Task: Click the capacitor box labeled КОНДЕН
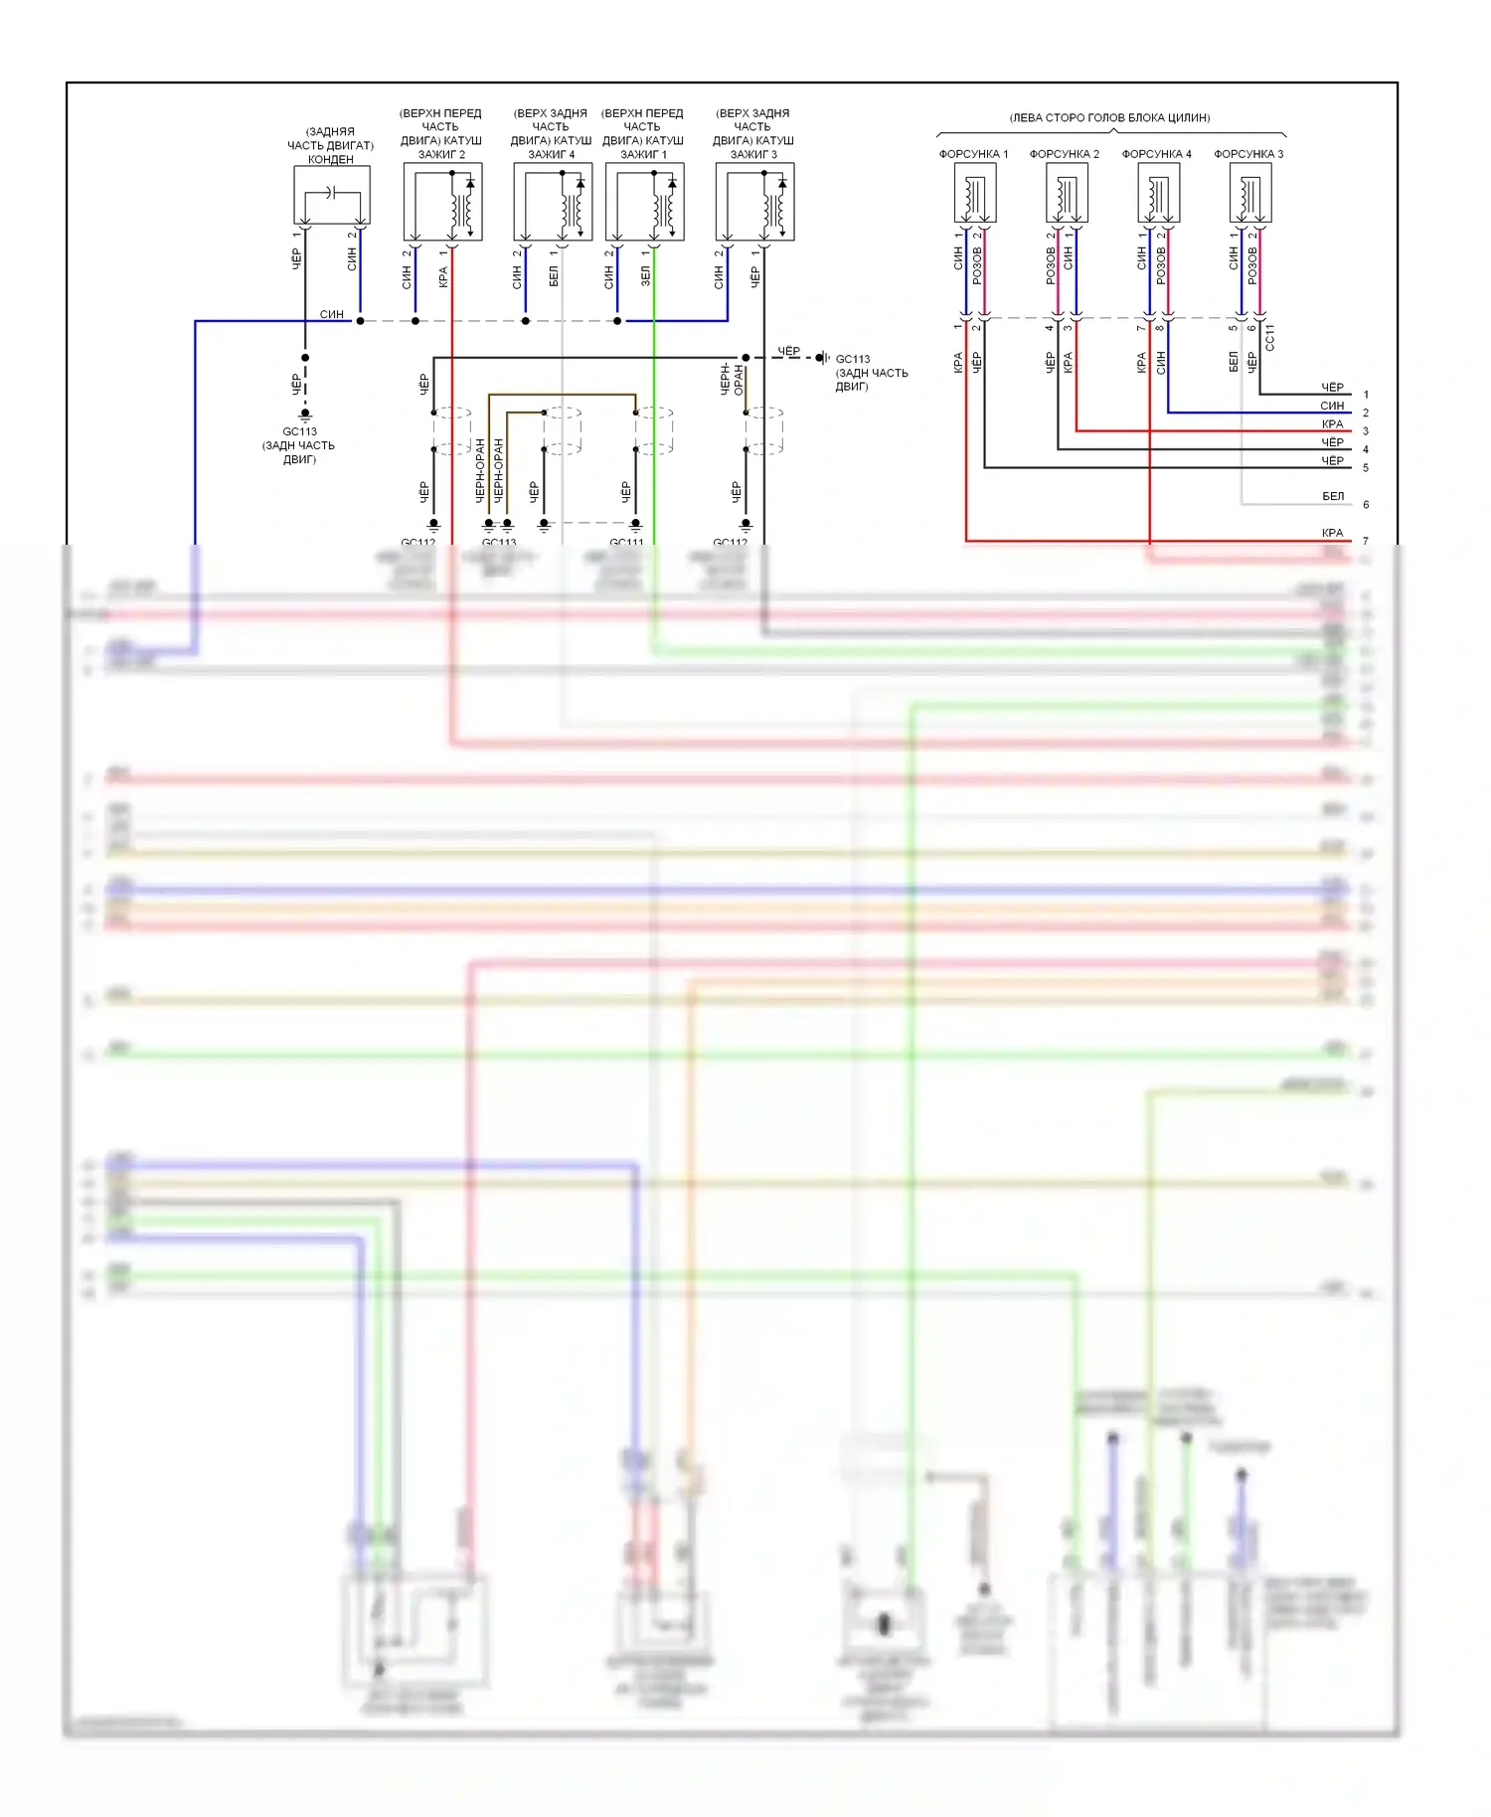pyautogui.click(x=332, y=196)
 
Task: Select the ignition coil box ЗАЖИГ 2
pyautogui.click(x=442, y=202)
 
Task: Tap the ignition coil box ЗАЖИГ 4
pyautogui.click(x=553, y=202)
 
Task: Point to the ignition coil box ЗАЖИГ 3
pyautogui.click(x=754, y=202)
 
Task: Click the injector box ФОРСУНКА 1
pyautogui.click(x=975, y=193)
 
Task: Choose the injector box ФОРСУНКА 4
pyautogui.click(x=1159, y=193)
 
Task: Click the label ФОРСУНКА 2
pyautogui.click(x=1065, y=154)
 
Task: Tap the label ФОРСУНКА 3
pyautogui.click(x=1248, y=154)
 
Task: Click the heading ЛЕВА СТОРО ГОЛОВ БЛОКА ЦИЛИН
pyautogui.click(x=1109, y=117)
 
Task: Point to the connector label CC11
pyautogui.click(x=1269, y=337)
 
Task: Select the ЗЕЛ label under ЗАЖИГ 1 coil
pyautogui.click(x=645, y=276)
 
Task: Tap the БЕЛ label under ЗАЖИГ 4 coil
pyautogui.click(x=554, y=276)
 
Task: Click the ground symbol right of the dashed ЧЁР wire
pyautogui.click(x=822, y=358)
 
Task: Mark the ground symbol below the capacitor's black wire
pyautogui.click(x=305, y=414)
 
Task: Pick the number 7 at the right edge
pyautogui.click(x=1366, y=542)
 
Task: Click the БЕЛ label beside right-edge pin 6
pyautogui.click(x=1333, y=496)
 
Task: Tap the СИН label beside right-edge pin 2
pyautogui.click(x=1332, y=406)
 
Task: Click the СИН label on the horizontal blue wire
pyautogui.click(x=332, y=314)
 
